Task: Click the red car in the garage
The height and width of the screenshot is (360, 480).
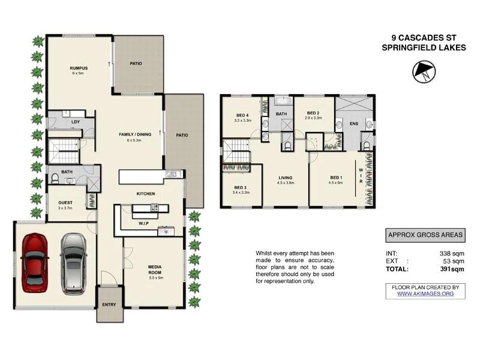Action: (35, 262)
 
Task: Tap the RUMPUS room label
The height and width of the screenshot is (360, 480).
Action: (79, 68)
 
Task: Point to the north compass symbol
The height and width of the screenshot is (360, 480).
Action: (424, 73)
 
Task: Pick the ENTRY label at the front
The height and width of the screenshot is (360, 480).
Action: (109, 305)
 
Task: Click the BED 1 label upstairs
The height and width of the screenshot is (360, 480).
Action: (335, 178)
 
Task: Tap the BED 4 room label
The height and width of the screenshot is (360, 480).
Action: (242, 115)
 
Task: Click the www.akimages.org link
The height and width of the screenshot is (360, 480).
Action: (425, 294)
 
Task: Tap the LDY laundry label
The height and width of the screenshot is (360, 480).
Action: (76, 122)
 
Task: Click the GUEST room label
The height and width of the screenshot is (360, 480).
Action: (65, 203)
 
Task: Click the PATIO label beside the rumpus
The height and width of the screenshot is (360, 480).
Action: (136, 63)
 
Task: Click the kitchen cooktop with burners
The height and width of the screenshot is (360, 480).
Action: (154, 208)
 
